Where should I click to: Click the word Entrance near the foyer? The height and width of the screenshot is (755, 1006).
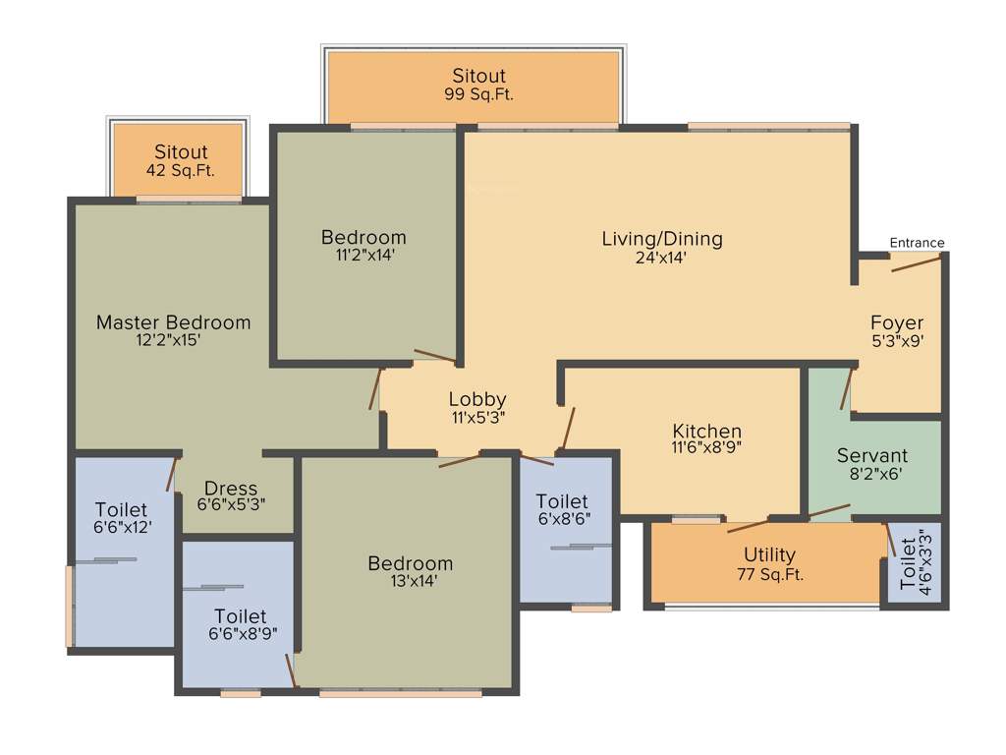[917, 243]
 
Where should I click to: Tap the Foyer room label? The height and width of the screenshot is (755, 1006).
[897, 322]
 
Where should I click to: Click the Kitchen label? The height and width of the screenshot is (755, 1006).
[706, 431]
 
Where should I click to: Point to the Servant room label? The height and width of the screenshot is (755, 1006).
[872, 455]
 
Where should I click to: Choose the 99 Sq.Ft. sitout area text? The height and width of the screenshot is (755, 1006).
[478, 95]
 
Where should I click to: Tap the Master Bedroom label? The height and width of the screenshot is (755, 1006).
[173, 321]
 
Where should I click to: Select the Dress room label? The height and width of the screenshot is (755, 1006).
[231, 488]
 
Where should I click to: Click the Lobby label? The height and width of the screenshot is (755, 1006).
[477, 398]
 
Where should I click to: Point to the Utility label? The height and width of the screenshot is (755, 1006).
[769, 555]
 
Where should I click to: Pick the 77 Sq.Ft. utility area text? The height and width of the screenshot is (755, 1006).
[769, 575]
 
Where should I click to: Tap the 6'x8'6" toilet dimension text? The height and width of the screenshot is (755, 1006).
[563, 519]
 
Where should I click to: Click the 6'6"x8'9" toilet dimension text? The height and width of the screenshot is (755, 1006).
[240, 634]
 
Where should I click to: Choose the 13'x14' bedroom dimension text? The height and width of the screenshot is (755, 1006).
[410, 581]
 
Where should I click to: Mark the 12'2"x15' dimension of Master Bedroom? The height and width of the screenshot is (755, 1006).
[173, 341]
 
